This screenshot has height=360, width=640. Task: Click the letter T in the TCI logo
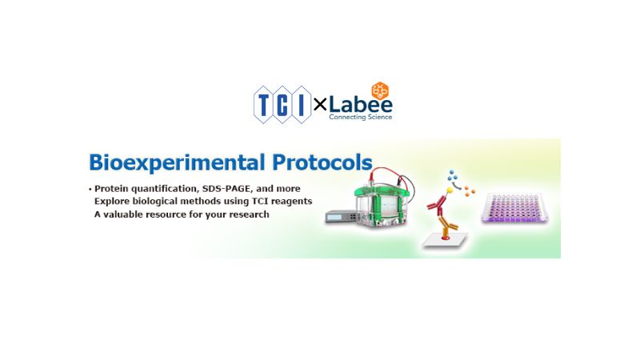click(265, 103)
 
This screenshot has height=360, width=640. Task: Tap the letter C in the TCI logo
click(283, 103)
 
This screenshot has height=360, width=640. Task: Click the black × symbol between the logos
click(319, 104)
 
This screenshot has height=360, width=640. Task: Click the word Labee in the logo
click(359, 104)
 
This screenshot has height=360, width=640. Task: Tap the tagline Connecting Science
click(360, 118)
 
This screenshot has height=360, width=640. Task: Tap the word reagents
click(290, 201)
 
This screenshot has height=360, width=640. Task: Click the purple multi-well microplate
click(517, 210)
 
